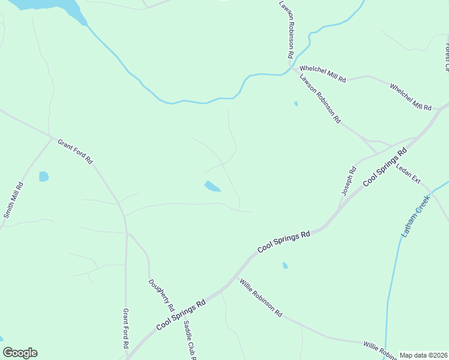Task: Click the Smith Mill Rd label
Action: [x=13, y=200]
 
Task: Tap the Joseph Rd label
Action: [x=349, y=181]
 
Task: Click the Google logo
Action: [x=20, y=353]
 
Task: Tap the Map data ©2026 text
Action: [x=424, y=355]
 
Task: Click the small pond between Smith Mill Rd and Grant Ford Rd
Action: [x=43, y=176]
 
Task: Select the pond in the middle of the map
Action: [x=212, y=187]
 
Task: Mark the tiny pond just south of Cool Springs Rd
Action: [x=285, y=265]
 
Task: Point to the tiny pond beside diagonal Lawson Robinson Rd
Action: [x=296, y=104]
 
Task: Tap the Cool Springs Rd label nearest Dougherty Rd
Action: [x=181, y=314]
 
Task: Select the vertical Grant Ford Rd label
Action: [x=126, y=329]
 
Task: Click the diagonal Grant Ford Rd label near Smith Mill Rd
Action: [x=75, y=151]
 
